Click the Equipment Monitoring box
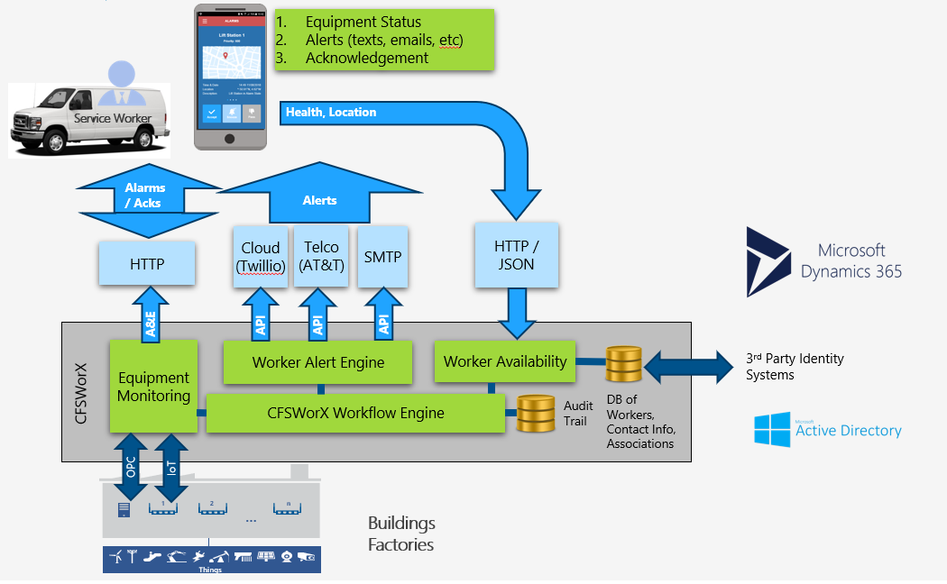click(x=154, y=386)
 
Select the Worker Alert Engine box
click(x=318, y=362)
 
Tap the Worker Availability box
click(x=505, y=361)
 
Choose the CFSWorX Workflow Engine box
click(x=355, y=413)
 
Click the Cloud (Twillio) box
click(x=261, y=257)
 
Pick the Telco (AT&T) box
click(x=321, y=257)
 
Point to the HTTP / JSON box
click(x=516, y=256)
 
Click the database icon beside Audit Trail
click(x=536, y=414)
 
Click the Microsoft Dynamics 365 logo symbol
click(x=768, y=261)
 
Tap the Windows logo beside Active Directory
click(x=772, y=430)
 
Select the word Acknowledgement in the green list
click(x=366, y=58)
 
